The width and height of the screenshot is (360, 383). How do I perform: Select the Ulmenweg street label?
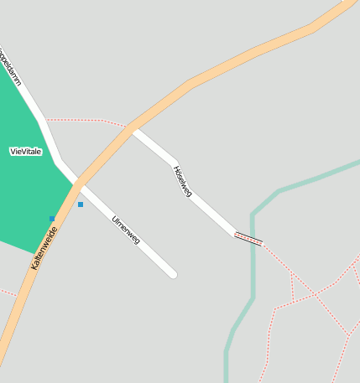[126, 230]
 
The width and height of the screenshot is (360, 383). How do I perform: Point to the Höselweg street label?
[182, 180]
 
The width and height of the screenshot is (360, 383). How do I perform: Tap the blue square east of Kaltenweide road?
[81, 204]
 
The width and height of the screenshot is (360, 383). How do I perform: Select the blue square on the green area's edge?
[52, 219]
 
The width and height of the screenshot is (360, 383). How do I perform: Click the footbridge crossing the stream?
[248, 239]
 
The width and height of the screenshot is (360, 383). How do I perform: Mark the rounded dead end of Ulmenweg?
[172, 273]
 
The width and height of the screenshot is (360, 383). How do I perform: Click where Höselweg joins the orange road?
[133, 129]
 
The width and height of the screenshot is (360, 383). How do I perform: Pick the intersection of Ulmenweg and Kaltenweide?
[78, 182]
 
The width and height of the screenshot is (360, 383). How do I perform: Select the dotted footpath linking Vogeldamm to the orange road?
[84, 120]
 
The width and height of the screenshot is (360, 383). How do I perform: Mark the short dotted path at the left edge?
[7, 292]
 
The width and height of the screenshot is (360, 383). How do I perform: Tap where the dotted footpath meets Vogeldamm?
[47, 120]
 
